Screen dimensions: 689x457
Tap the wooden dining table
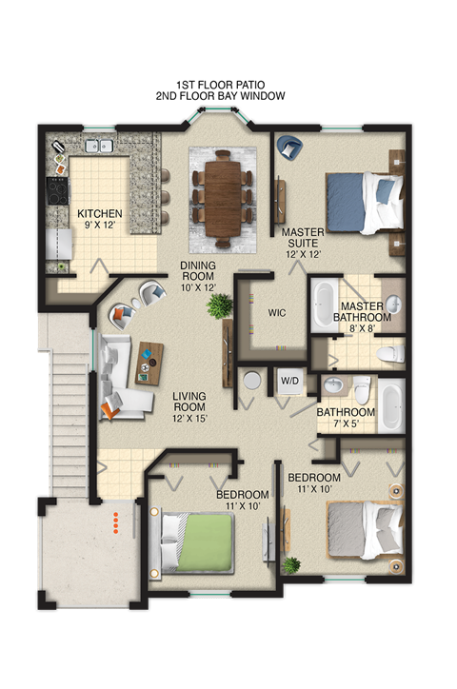pyautogui.click(x=223, y=193)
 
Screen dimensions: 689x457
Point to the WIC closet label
pyautogui.click(x=277, y=312)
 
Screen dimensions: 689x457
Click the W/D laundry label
pyautogui.click(x=289, y=382)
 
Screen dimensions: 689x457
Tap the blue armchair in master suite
pyautogui.click(x=288, y=148)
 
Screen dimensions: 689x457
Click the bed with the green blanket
pyautogui.click(x=196, y=542)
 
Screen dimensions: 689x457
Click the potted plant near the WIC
pyautogui.click(x=221, y=305)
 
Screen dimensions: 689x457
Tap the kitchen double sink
pyautogui.click(x=98, y=147)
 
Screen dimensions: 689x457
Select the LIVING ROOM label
pyautogui.click(x=189, y=406)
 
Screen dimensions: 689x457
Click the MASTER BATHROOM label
pyautogui.click(x=362, y=311)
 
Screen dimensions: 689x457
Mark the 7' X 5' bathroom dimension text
pyautogui.click(x=346, y=425)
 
